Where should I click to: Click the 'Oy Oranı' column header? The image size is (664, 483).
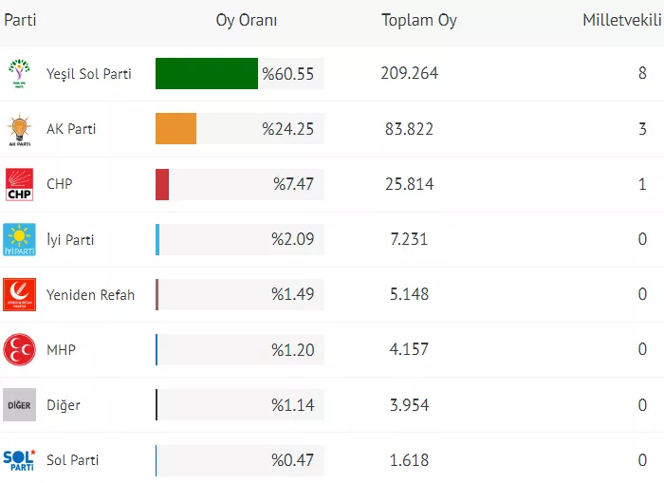[247, 20]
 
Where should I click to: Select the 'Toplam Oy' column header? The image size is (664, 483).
[418, 20]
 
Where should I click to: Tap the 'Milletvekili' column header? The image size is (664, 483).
[621, 20]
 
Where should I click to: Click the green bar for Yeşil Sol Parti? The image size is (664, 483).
[206, 74]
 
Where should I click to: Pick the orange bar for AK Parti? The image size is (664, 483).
[175, 129]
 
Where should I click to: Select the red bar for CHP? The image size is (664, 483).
[162, 184]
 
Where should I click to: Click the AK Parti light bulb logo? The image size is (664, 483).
[19, 129]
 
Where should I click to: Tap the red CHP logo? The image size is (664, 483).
[19, 184]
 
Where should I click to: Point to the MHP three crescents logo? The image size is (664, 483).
[19, 350]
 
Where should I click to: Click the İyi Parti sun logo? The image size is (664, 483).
[19, 239]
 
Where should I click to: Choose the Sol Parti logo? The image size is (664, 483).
[19, 460]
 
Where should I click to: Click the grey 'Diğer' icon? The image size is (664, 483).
[19, 405]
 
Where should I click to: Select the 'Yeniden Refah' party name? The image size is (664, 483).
[90, 295]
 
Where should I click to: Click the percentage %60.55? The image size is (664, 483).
[287, 74]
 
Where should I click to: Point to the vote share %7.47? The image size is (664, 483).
[293, 184]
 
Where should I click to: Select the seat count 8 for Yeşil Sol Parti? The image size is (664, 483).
[642, 74]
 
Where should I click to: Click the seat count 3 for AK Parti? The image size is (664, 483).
[642, 129]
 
